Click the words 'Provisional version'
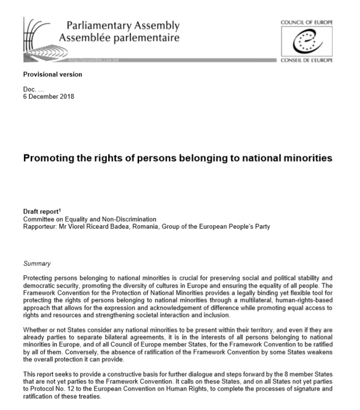(x=53, y=75)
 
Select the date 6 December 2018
(x=49, y=97)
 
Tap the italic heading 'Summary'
(x=37, y=264)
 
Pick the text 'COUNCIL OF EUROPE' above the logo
(x=306, y=23)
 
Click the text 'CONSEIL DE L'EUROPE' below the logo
(x=306, y=60)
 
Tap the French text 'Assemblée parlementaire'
(x=119, y=38)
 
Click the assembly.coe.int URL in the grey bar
(x=93, y=60)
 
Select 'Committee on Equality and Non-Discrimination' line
(x=90, y=219)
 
